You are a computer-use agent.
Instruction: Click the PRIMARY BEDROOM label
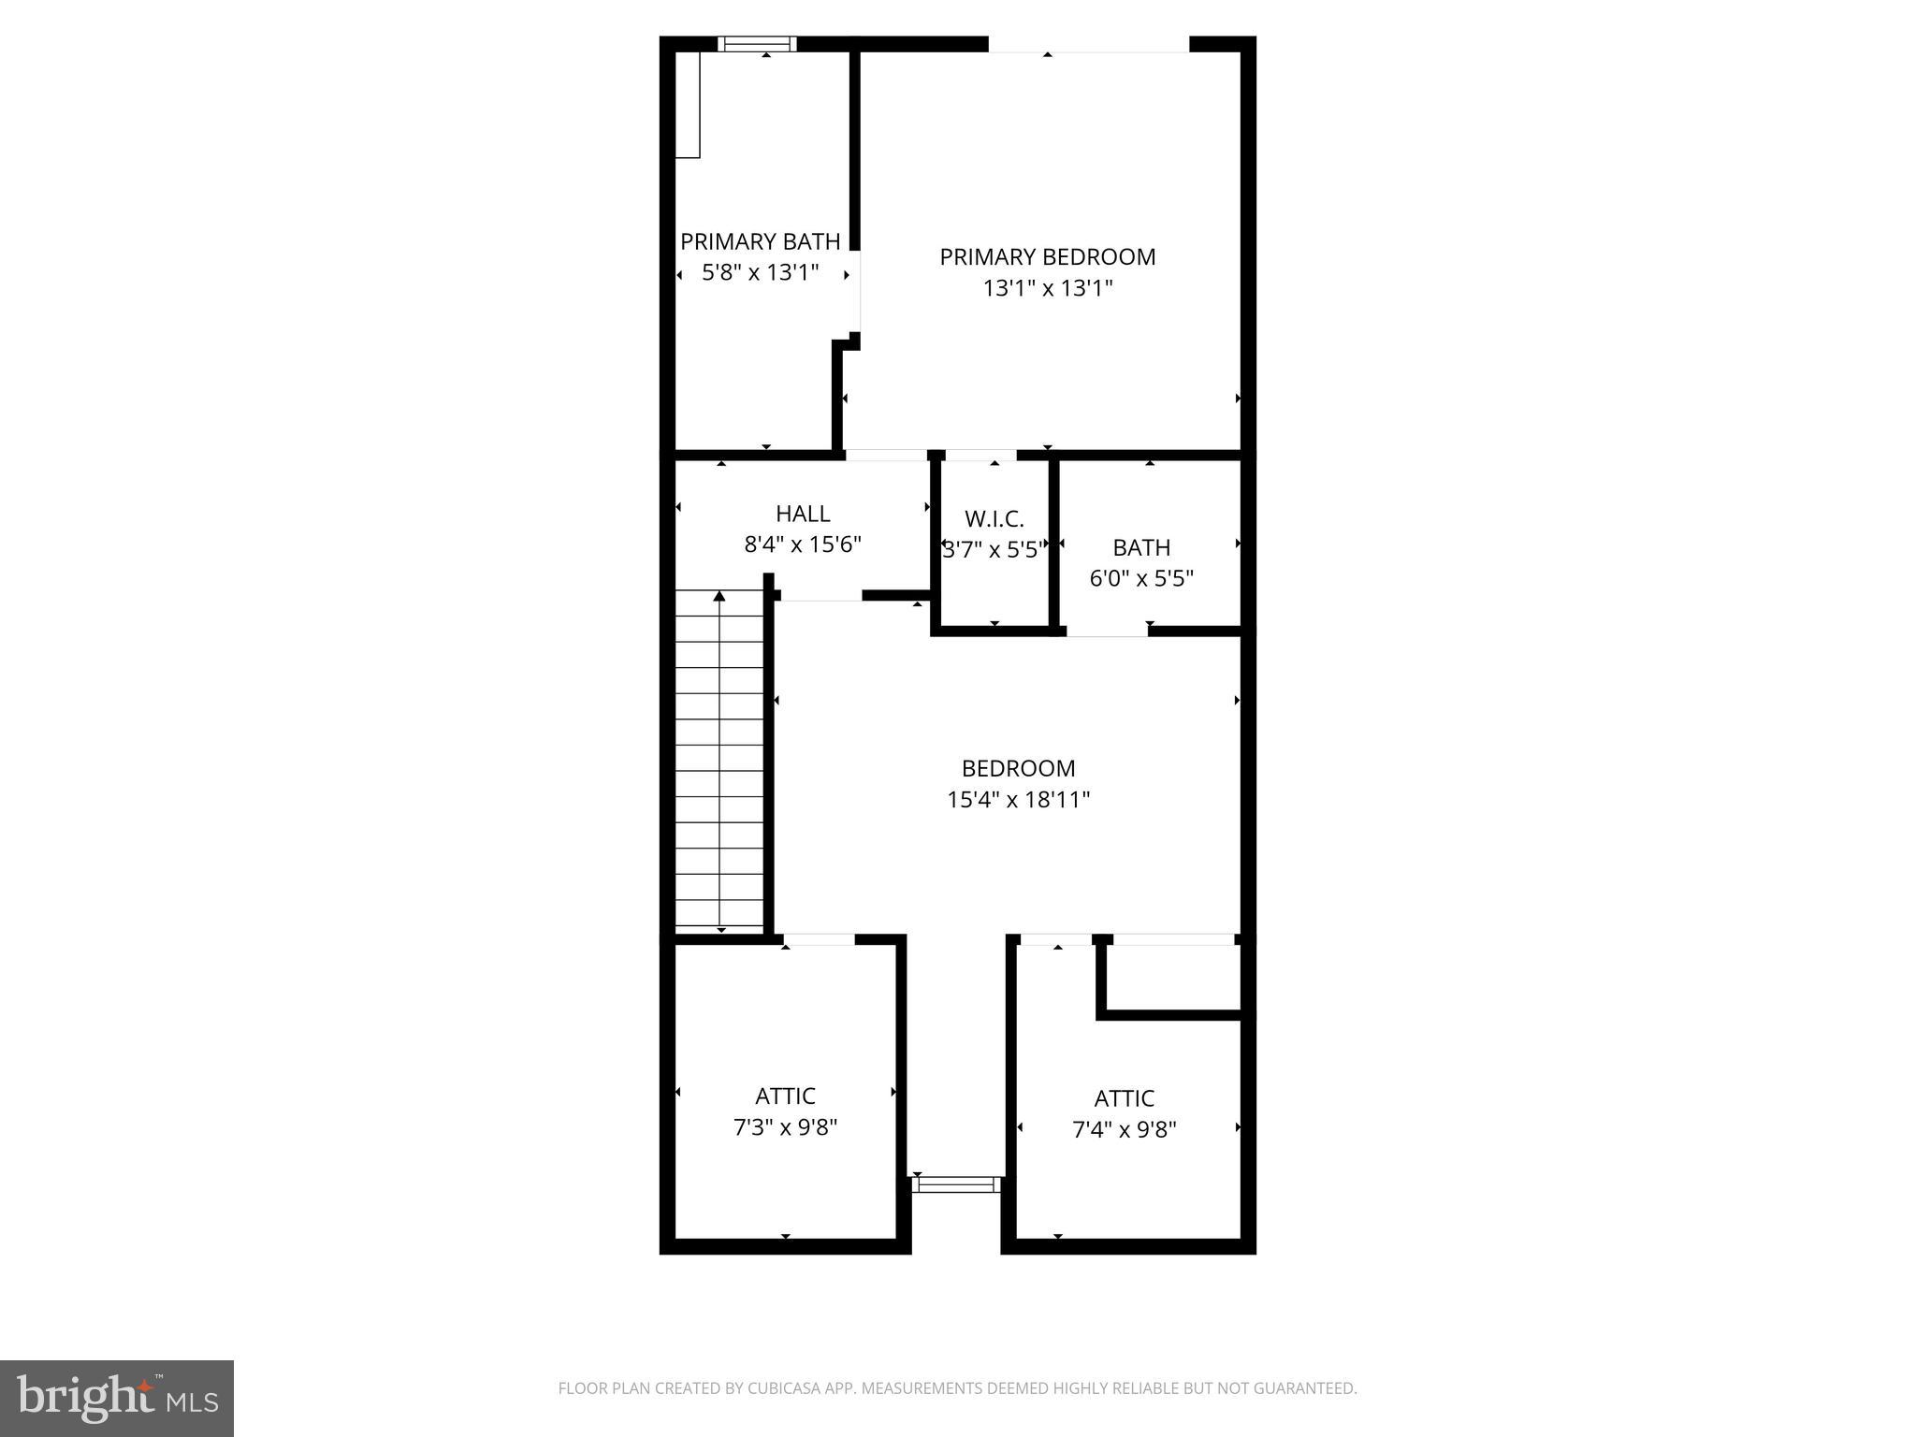(1047, 257)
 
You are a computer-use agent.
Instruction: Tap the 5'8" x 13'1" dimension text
(760, 273)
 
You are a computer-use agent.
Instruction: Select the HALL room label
(803, 514)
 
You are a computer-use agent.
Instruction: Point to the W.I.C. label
(994, 518)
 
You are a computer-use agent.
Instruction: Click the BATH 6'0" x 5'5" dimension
(1141, 578)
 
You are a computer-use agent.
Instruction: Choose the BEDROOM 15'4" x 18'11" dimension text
(1018, 800)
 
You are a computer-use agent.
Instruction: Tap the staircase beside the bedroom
(719, 758)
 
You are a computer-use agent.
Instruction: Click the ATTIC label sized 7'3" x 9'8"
(785, 1096)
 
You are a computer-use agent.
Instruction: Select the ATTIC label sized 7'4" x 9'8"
(1124, 1098)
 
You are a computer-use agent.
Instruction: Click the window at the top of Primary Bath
(757, 43)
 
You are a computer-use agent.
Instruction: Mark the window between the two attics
(956, 1184)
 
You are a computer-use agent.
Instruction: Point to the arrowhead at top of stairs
(719, 596)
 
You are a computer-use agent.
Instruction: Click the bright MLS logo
(116, 1398)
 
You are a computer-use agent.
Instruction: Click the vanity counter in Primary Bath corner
(688, 105)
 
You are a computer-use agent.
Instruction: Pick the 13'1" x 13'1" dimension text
(1047, 288)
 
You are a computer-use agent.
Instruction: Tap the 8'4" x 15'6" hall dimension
(803, 544)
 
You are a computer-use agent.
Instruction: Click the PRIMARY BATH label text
(760, 242)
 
